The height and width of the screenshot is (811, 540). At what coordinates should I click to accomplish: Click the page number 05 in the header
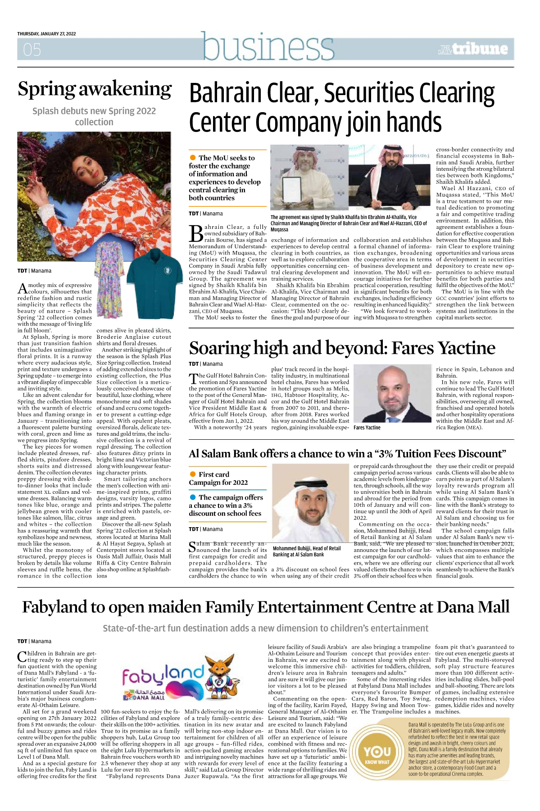[32, 50]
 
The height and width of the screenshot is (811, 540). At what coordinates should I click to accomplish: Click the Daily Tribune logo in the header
[473, 49]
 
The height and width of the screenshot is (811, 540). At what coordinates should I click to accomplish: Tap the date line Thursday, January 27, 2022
[46, 34]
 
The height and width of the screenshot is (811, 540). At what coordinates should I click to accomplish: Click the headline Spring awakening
[95, 89]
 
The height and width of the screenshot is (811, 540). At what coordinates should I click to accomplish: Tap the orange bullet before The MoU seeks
[193, 158]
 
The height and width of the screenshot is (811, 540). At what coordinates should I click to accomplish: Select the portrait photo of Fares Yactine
[392, 394]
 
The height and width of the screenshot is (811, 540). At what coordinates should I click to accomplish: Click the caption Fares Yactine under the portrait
[367, 428]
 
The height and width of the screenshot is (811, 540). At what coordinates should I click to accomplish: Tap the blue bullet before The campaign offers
[193, 497]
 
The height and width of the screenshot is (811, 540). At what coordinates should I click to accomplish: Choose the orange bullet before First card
[193, 474]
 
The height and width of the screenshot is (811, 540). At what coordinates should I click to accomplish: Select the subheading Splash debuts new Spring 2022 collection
[94, 116]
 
